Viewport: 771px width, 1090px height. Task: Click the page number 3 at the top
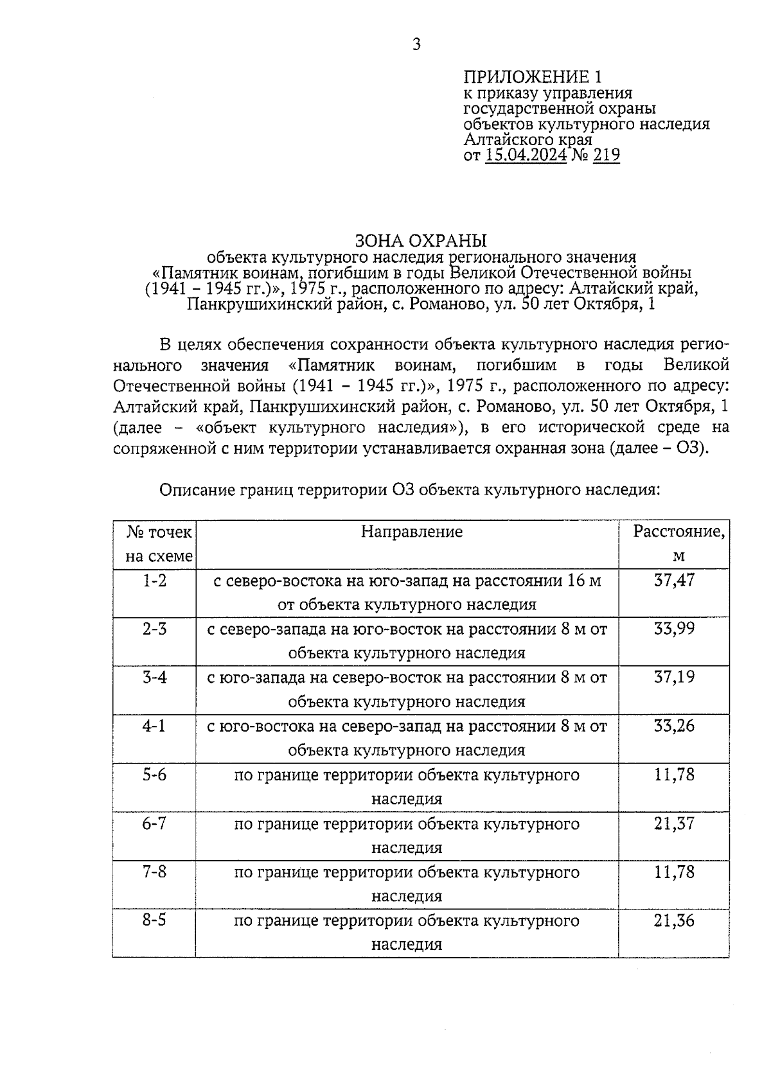pos(416,44)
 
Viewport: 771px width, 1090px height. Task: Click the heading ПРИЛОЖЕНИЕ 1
pos(533,78)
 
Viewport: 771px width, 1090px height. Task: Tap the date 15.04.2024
pos(526,155)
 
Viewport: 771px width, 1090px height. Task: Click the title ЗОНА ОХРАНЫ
pos(421,241)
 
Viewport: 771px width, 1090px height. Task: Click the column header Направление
pos(411,532)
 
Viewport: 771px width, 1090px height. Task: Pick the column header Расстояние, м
pos(679,543)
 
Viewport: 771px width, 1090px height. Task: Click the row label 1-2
pos(154,581)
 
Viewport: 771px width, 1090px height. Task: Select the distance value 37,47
pos(674,581)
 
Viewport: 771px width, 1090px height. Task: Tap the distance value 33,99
pos(674,629)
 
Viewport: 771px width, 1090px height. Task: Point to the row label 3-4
pos(154,677)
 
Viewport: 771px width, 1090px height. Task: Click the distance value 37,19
pos(674,677)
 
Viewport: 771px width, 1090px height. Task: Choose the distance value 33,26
pos(674,726)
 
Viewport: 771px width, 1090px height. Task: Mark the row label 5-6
pos(154,775)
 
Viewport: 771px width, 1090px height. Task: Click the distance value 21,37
pos(674,823)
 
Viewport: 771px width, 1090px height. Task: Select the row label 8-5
pos(154,920)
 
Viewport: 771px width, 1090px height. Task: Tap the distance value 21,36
pos(674,920)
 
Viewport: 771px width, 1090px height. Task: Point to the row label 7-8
pos(154,872)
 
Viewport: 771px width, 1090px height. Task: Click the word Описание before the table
pos(197,490)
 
